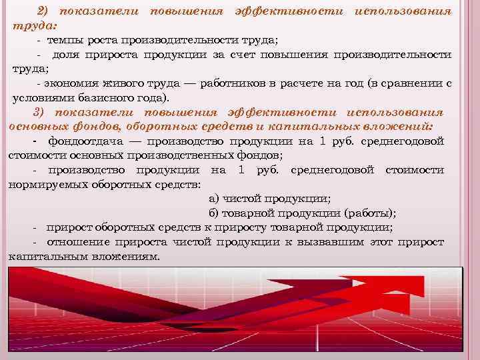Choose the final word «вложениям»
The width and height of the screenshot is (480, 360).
tap(124, 255)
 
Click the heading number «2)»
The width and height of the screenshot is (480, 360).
tap(43, 12)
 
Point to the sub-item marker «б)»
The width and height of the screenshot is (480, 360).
tap(215, 213)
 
